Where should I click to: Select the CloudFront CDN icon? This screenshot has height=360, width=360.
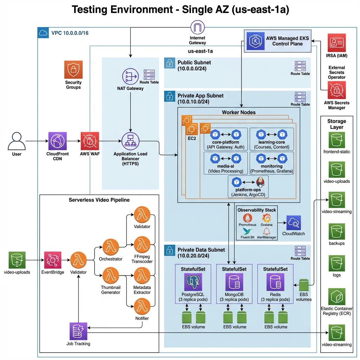pos(58,141)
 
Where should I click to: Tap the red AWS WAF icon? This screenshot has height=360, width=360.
pos(89,141)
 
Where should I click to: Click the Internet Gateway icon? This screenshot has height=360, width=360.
pos(197,28)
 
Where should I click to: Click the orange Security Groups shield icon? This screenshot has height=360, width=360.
pos(73,70)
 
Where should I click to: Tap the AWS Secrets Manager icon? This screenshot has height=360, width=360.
pos(336,90)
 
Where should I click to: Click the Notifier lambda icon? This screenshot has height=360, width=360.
pos(142,307)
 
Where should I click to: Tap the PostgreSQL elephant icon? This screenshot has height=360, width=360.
pos(193,283)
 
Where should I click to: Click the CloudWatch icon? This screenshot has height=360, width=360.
pos(294,223)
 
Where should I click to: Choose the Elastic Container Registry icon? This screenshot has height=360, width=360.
pos(337,297)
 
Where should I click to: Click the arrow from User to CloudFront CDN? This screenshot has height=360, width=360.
pos(37,141)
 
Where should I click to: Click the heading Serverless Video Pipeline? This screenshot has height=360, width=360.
pos(99,200)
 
